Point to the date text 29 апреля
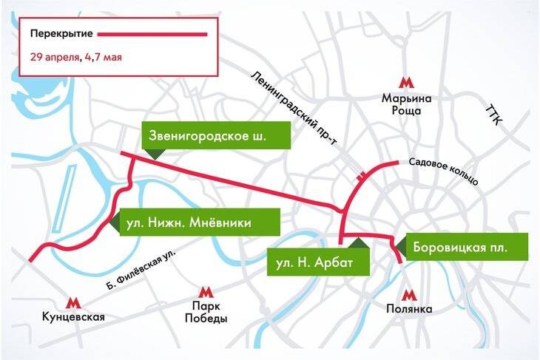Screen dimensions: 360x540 [x=55, y=57]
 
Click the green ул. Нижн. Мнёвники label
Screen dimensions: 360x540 [x=199, y=223]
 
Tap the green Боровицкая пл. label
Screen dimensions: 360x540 [x=460, y=247]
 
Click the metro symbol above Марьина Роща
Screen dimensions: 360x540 [x=405, y=82]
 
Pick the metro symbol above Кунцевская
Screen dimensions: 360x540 [x=72, y=302]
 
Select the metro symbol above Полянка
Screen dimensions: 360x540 [x=405, y=293]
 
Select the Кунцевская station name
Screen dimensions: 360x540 [x=72, y=318]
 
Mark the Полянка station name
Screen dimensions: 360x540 [x=405, y=310]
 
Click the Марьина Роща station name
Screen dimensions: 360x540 [x=405, y=104]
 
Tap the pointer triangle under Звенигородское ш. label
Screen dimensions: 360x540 [x=155, y=153]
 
